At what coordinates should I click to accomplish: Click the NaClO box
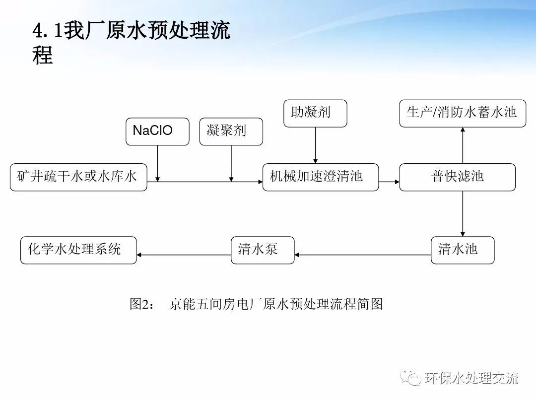(157, 132)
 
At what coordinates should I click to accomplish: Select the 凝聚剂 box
(231, 132)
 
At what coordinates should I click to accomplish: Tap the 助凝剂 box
(315, 113)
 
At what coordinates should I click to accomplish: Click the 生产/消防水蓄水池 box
(462, 113)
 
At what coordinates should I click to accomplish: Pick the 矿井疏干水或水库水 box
(78, 177)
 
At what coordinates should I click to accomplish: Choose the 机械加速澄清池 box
(320, 177)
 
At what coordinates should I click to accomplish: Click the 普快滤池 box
(457, 177)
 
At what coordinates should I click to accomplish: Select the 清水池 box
(463, 250)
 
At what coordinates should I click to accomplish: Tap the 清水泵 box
(263, 250)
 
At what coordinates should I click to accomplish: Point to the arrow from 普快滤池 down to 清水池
(463, 213)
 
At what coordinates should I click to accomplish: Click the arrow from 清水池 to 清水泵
(362, 255)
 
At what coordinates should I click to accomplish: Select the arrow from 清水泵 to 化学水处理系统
(184, 255)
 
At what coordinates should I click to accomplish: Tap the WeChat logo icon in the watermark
(411, 378)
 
